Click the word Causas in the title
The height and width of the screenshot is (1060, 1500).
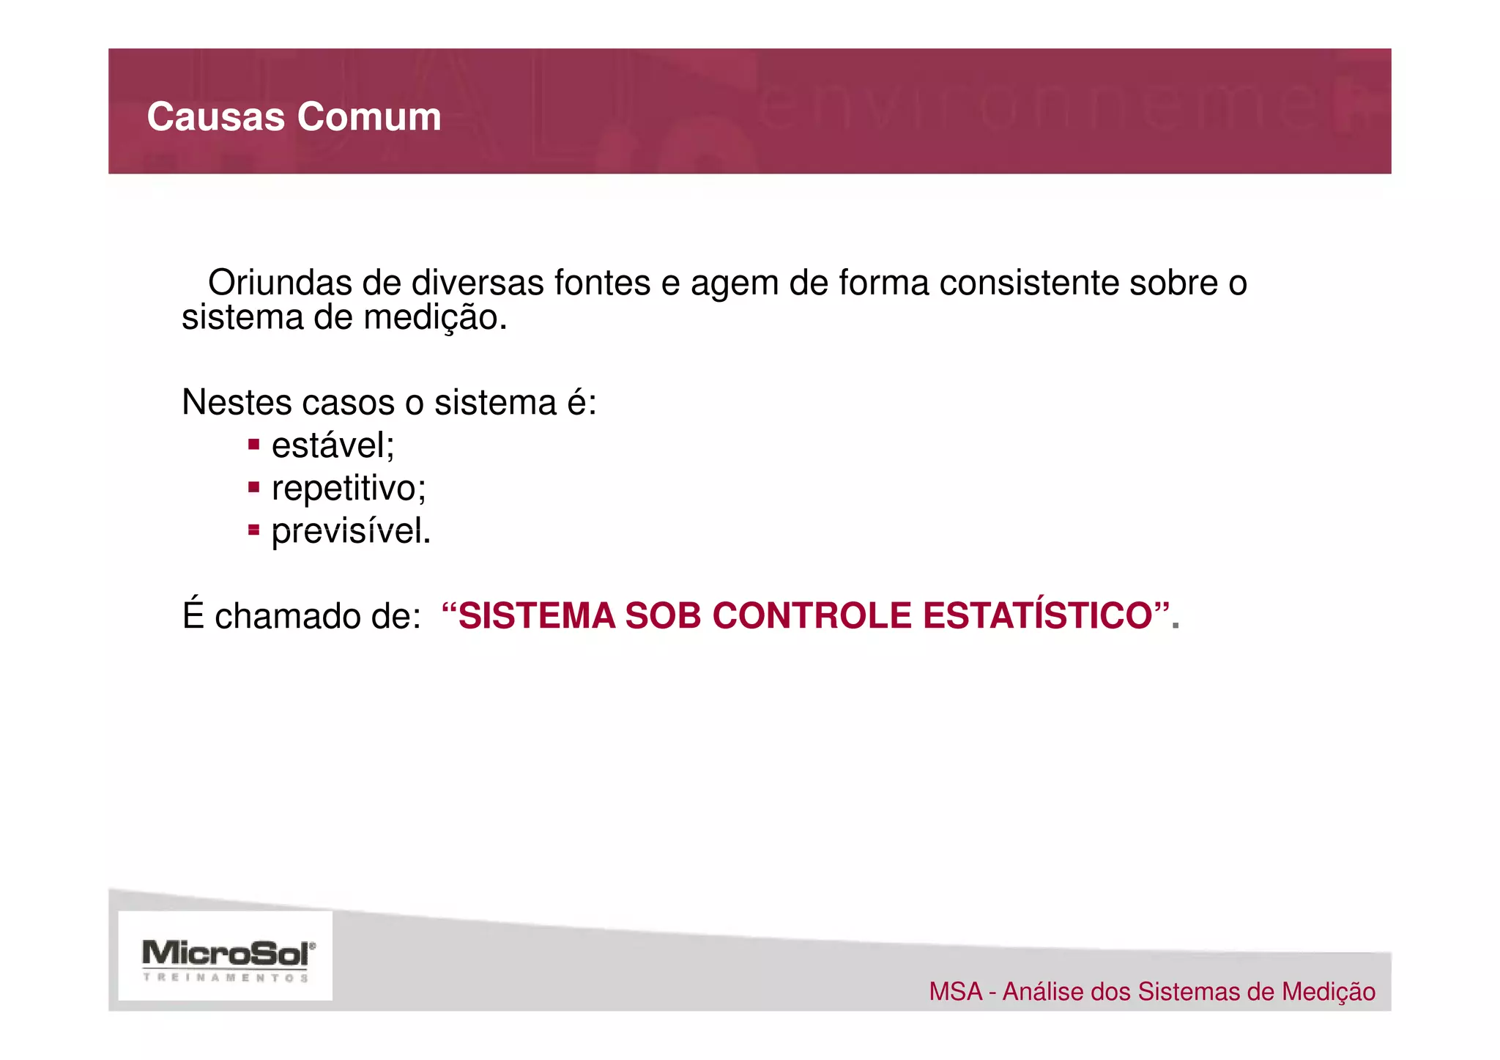[x=215, y=117]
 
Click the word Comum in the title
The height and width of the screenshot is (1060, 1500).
[x=368, y=117]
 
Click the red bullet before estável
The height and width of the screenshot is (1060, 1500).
[x=253, y=444]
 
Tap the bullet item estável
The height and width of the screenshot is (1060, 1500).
[x=333, y=445]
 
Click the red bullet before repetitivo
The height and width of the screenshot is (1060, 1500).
[x=253, y=486]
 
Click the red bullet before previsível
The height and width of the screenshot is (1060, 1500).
[x=253, y=529]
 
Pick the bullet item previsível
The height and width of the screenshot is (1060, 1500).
[x=351, y=531]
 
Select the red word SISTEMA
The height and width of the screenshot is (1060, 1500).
[x=536, y=616]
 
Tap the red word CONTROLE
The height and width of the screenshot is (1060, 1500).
[x=811, y=616]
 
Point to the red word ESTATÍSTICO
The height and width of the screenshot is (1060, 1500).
[x=1038, y=616]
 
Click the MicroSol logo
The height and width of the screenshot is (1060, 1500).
[x=226, y=956]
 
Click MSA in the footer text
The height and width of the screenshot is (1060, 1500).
[x=955, y=992]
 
